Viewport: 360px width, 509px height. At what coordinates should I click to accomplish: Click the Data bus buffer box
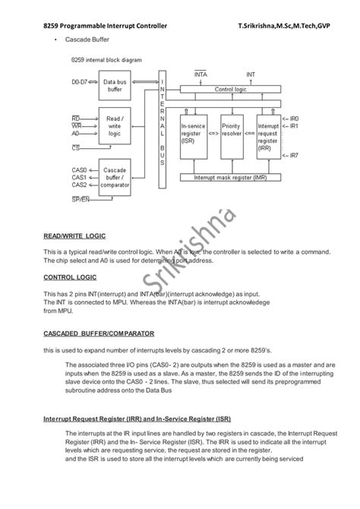[115, 85]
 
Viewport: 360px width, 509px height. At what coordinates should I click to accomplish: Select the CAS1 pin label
[79, 177]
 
